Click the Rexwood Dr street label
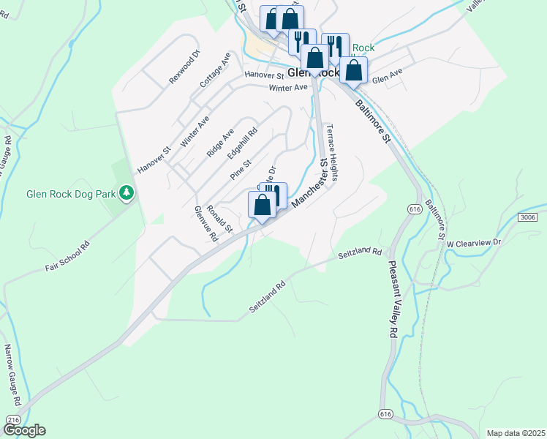click(x=184, y=67)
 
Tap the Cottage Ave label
click(x=215, y=70)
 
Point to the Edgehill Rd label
click(x=242, y=140)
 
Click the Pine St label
click(x=241, y=170)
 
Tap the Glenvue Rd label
click(x=205, y=224)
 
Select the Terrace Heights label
click(x=331, y=152)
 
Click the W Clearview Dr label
click(x=475, y=242)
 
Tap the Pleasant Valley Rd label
click(x=393, y=299)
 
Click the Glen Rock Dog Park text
click(x=71, y=195)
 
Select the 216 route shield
click(x=13, y=419)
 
